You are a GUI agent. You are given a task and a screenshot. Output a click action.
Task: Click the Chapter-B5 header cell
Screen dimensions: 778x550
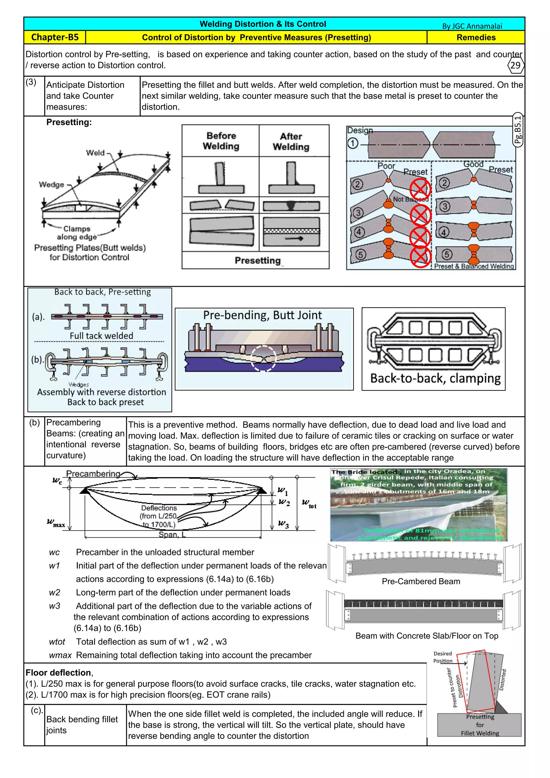tap(55, 37)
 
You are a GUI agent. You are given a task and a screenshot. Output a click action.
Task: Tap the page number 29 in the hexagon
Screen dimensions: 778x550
tap(515, 65)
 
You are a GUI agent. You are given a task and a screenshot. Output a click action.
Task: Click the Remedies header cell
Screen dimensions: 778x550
tap(476, 37)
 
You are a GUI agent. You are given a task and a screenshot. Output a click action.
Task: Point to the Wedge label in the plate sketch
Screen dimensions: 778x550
tap(52, 185)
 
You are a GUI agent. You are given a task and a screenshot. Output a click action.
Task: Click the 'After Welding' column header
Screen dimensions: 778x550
tap(291, 142)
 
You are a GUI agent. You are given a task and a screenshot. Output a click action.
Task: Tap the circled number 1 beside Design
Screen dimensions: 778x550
tap(353, 143)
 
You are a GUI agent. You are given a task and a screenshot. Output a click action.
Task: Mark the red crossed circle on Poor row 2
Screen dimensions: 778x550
tap(420, 189)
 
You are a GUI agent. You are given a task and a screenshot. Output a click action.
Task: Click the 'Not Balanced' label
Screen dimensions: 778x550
tap(410, 199)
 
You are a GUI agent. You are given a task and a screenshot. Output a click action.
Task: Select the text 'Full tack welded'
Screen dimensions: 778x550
tap(101, 336)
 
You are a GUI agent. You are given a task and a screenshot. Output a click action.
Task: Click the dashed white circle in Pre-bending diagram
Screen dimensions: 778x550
tap(263, 358)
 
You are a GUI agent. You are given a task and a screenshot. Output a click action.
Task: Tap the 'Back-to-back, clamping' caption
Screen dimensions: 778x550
tap(435, 378)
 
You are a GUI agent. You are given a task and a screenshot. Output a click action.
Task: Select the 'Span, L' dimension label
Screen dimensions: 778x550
tap(172, 535)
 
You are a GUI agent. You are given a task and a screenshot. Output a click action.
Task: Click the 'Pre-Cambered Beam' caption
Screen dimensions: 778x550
tap(421, 581)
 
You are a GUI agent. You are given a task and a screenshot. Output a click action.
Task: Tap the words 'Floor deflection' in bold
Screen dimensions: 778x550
tap(58, 673)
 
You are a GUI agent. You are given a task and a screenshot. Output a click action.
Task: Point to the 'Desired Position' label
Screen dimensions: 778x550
tap(443, 657)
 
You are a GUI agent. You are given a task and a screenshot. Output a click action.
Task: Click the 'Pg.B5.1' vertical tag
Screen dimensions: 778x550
tap(518, 130)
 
